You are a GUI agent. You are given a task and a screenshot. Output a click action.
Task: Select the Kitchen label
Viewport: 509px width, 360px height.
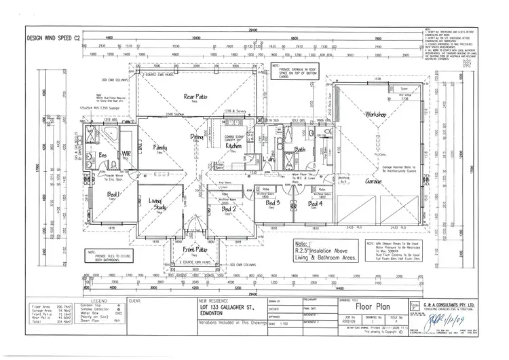tap(233, 145)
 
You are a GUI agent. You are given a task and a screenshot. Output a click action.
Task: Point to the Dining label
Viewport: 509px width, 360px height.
tap(197, 137)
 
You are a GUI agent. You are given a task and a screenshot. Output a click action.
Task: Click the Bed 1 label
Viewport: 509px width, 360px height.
tap(113, 196)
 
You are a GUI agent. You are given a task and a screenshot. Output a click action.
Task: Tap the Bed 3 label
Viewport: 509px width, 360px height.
tap(274, 203)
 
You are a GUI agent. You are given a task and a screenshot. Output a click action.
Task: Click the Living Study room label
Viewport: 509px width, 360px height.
tap(157, 204)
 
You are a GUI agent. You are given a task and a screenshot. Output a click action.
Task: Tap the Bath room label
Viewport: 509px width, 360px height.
tap(299, 149)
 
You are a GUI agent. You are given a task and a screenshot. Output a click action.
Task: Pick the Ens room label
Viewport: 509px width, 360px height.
tap(103, 155)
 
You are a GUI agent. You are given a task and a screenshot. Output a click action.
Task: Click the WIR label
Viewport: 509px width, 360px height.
tap(126, 155)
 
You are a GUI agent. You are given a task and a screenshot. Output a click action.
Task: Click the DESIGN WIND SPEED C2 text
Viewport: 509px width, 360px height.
tap(52, 38)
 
